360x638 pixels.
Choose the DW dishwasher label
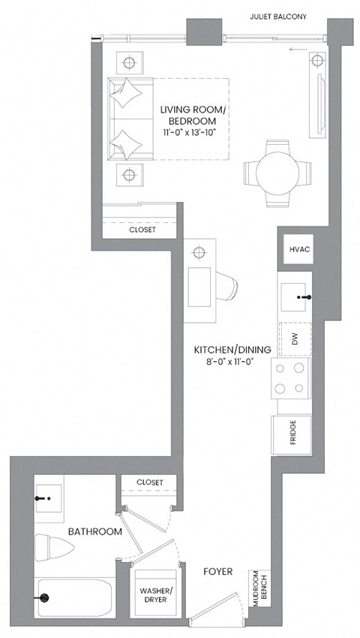tap(295, 339)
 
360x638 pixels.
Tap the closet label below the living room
tap(142, 230)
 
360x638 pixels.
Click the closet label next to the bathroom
tap(150, 482)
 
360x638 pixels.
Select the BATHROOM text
tap(94, 531)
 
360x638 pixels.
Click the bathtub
tap(73, 597)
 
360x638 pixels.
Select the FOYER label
tap(217, 572)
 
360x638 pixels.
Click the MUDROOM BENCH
tap(258, 588)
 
